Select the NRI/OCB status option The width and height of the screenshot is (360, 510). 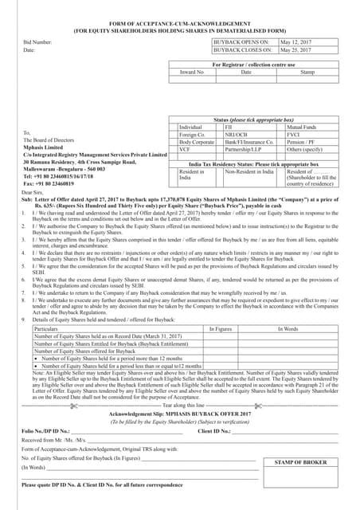click(240, 134)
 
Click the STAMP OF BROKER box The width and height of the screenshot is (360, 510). click(301, 462)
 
